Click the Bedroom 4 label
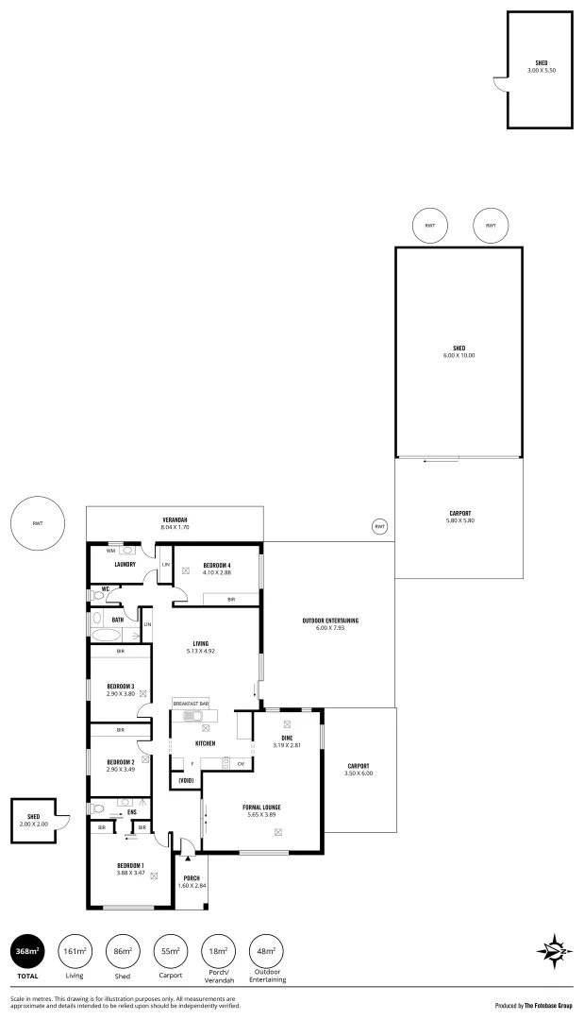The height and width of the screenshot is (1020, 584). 217,565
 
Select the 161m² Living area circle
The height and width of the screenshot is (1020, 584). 75,951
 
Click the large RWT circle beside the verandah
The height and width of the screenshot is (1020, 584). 38,522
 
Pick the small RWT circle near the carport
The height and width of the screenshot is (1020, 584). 379,526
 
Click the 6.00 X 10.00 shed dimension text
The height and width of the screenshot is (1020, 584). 459,355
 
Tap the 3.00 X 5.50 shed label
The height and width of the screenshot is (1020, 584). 541,70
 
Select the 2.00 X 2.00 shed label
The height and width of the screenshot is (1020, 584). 33,824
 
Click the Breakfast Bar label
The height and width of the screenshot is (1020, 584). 190,704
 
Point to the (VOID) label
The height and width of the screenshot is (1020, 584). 186,780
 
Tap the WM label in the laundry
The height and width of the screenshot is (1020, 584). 110,550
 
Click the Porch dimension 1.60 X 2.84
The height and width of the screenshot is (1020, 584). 192,885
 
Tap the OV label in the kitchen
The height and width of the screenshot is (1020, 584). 241,763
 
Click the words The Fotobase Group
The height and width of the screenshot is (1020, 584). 548,1006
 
